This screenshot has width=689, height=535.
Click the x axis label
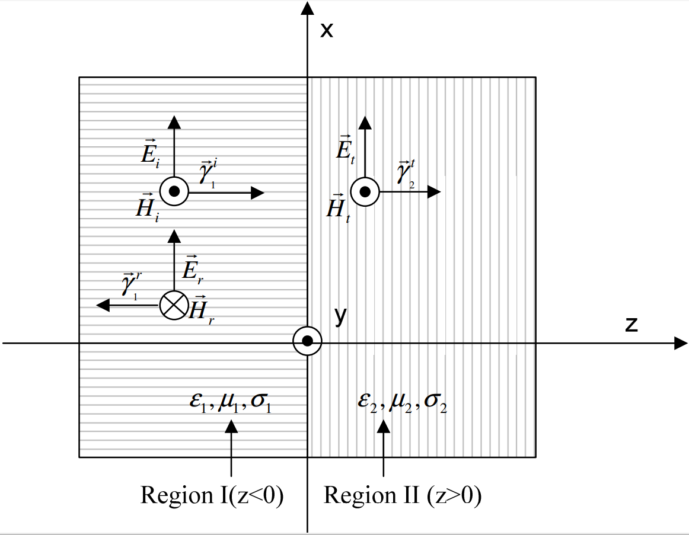coord(327,30)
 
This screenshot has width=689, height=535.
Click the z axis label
coord(631,324)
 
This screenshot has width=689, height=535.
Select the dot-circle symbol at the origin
coord(308,341)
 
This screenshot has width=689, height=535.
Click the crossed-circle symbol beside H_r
coord(174,305)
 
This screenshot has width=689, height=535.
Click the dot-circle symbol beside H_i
coord(174,192)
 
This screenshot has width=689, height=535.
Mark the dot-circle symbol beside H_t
coord(365,191)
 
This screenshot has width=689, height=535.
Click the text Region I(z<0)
coord(212,495)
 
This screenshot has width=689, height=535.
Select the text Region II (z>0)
coord(403,495)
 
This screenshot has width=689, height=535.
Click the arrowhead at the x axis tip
coord(307,8)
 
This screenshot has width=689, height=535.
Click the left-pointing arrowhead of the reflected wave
coord(103,305)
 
